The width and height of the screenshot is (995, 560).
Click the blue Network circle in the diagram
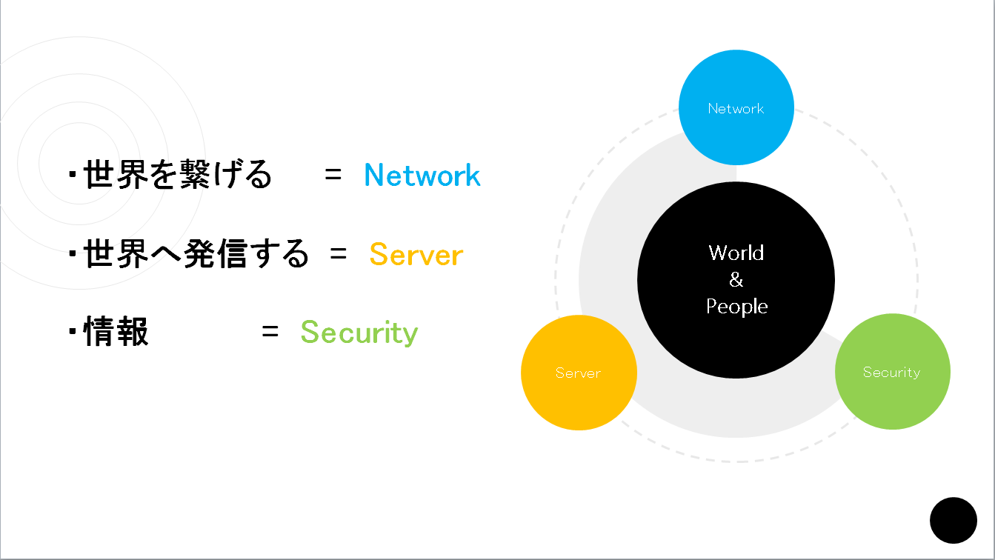pyautogui.click(x=736, y=108)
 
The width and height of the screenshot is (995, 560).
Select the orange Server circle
pyautogui.click(x=579, y=373)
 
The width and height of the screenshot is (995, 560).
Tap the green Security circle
pyautogui.click(x=892, y=372)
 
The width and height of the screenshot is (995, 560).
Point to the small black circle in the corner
pyautogui.click(x=954, y=520)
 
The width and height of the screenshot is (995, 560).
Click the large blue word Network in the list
pyautogui.click(x=422, y=176)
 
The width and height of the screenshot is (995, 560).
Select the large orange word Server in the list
pyautogui.click(x=416, y=255)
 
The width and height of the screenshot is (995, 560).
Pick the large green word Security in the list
pyautogui.click(x=359, y=333)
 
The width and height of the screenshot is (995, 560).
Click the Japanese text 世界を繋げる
pyautogui.click(x=178, y=176)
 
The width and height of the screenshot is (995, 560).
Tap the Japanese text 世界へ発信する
pyautogui.click(x=196, y=255)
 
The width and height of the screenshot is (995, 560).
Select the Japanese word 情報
pyautogui.click(x=116, y=333)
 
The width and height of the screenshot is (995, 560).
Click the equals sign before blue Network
pyautogui.click(x=333, y=176)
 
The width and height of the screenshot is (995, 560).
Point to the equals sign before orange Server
pyautogui.click(x=339, y=254)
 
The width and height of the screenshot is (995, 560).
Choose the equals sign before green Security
pyautogui.click(x=270, y=333)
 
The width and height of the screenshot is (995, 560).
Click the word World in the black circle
pyautogui.click(x=736, y=253)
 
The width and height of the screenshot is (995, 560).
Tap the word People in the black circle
pyautogui.click(x=736, y=307)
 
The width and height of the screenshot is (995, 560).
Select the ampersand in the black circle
pyautogui.click(x=736, y=280)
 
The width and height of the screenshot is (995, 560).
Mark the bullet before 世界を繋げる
pyautogui.click(x=73, y=176)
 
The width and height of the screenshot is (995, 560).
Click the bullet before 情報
pyautogui.click(x=73, y=333)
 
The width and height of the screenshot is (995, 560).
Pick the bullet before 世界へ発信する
pyautogui.click(x=73, y=254)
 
